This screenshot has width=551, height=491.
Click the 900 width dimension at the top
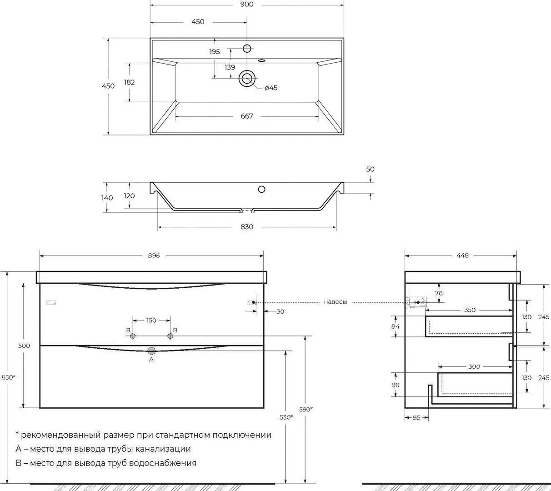click(x=247, y=5)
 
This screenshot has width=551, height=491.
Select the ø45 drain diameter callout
click(x=271, y=88)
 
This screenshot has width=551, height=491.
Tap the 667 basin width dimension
click(x=247, y=116)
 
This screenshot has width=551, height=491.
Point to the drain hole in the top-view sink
click(x=247, y=78)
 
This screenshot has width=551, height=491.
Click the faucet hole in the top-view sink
click(x=247, y=49)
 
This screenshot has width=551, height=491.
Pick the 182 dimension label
click(x=129, y=82)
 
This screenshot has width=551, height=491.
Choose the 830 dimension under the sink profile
click(x=247, y=227)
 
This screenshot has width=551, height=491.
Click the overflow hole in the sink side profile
click(x=261, y=189)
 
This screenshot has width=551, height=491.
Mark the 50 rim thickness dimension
click(x=370, y=169)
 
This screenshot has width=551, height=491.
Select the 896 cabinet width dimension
click(x=154, y=256)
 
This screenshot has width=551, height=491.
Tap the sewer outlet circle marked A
click(x=151, y=351)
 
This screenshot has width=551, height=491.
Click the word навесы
click(x=336, y=302)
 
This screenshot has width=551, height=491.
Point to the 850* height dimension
click(x=8, y=377)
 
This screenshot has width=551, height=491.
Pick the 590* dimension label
click(x=306, y=409)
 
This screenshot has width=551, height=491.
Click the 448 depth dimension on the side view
click(x=463, y=256)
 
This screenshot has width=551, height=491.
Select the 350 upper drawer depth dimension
click(x=470, y=310)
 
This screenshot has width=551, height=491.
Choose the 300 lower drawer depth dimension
click(x=474, y=367)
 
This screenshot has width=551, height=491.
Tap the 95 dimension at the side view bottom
click(x=416, y=417)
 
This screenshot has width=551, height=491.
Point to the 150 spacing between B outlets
click(x=151, y=321)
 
